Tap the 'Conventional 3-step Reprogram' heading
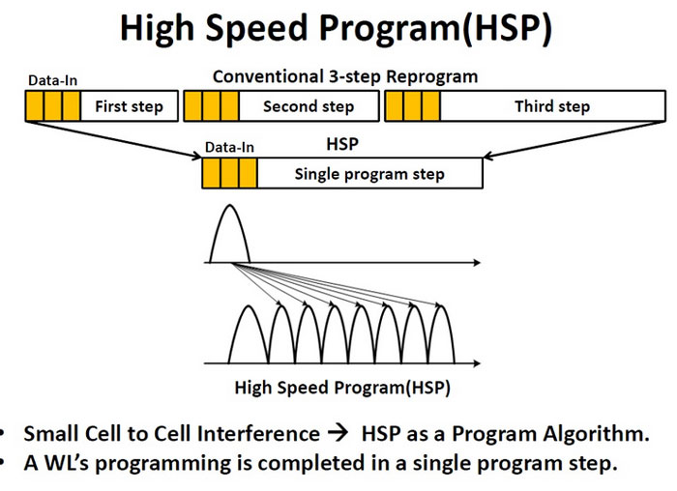click(x=345, y=76)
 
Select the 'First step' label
click(x=129, y=106)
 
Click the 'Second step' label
click(x=309, y=106)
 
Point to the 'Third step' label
click(x=551, y=106)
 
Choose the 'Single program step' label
click(x=369, y=174)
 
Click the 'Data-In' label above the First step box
click(x=45, y=81)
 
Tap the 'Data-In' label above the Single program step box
click(x=229, y=148)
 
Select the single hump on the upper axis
click(x=229, y=234)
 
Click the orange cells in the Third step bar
click(x=412, y=106)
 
